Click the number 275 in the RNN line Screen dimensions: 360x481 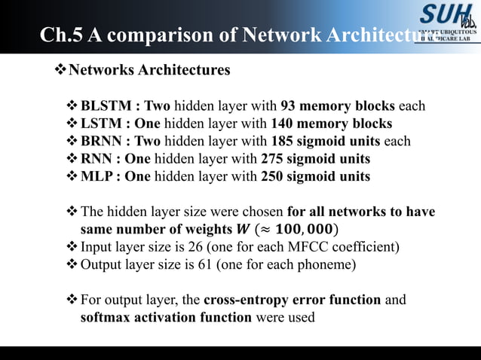point(272,159)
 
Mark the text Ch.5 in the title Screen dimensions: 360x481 point(60,35)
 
